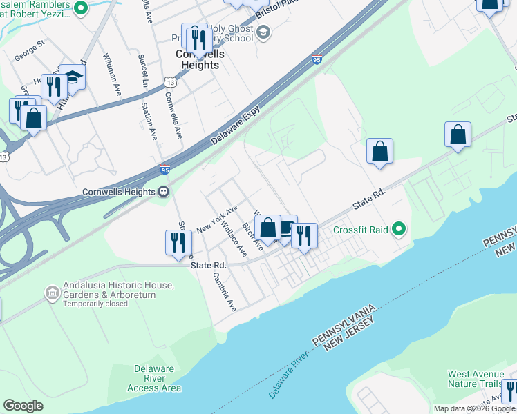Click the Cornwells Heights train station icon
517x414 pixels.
pyautogui.click(x=164, y=192)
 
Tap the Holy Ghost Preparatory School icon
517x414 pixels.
pyautogui.click(x=262, y=32)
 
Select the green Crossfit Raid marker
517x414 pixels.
pyautogui.click(x=397, y=229)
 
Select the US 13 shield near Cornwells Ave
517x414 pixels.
pyautogui.click(x=169, y=82)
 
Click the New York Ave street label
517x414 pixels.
pyautogui.click(x=217, y=217)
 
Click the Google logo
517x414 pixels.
pyautogui.click(x=23, y=406)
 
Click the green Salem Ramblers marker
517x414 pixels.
pyautogui.click(x=80, y=8)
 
